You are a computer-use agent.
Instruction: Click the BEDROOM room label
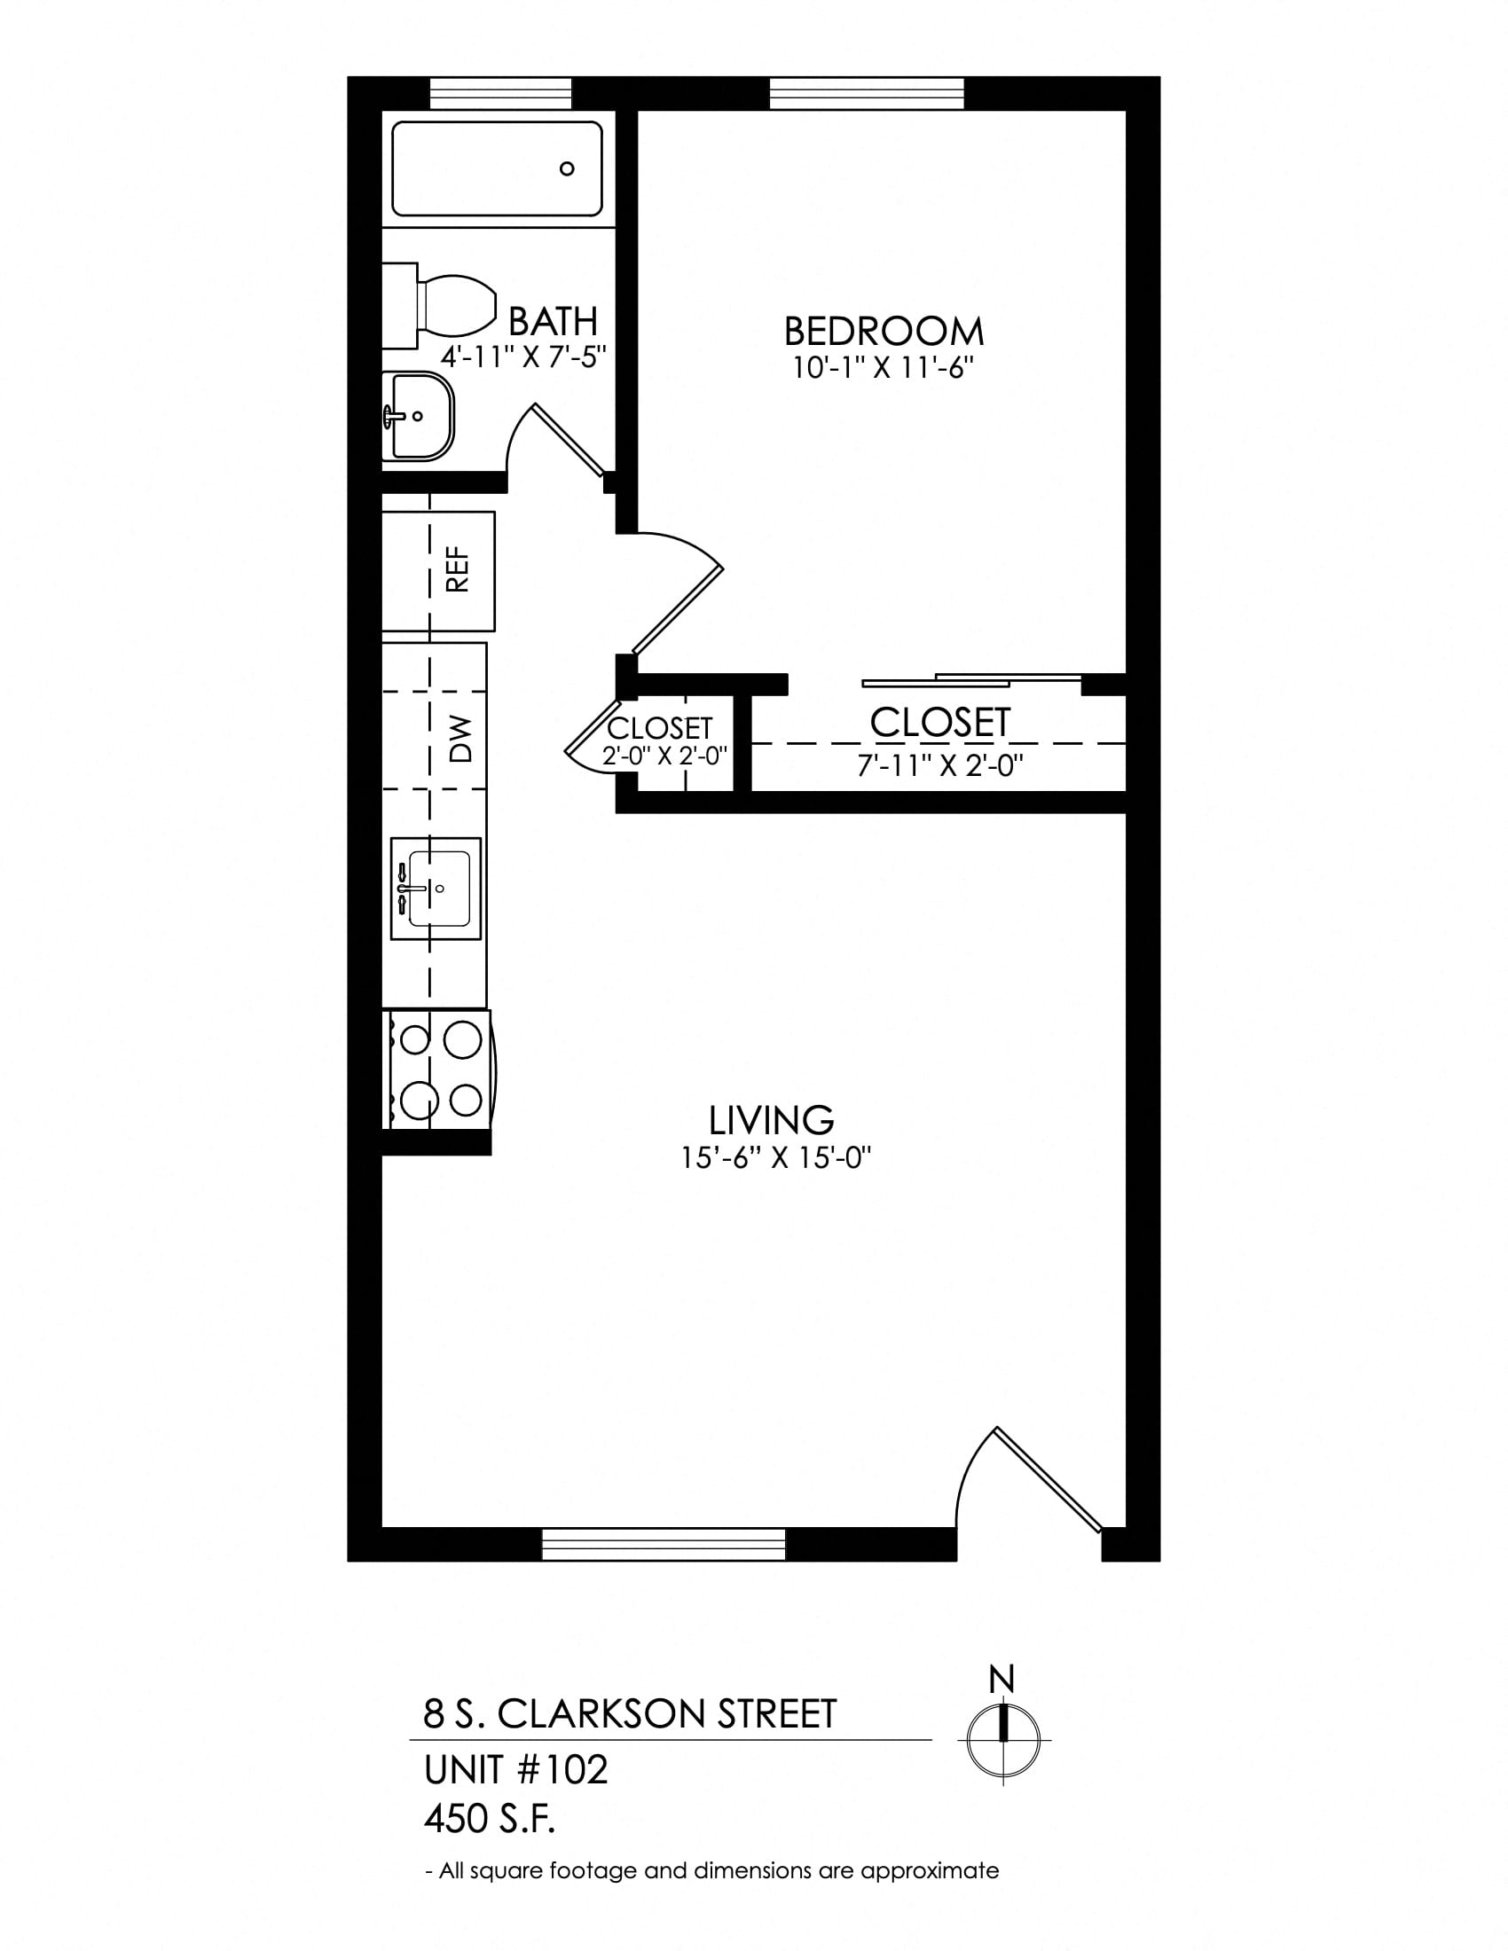click(884, 332)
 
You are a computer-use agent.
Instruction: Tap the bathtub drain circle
click(567, 168)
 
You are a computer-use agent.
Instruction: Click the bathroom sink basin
click(418, 416)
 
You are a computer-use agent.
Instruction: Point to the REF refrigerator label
click(458, 570)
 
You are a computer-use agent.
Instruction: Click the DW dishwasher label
click(459, 739)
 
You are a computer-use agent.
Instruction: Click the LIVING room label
click(771, 1120)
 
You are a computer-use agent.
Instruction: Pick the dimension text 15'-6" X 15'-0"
click(775, 1159)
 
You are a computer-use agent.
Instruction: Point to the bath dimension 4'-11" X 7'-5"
click(523, 357)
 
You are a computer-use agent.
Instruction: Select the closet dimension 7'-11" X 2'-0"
click(939, 765)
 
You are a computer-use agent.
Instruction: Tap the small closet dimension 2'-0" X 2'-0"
click(664, 756)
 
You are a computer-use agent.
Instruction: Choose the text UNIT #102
click(515, 1770)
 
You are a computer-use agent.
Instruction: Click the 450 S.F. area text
click(490, 1819)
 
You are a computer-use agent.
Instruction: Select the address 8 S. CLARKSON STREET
click(630, 1713)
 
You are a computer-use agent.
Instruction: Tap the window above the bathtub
click(500, 94)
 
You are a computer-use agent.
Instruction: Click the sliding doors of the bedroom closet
click(972, 680)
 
